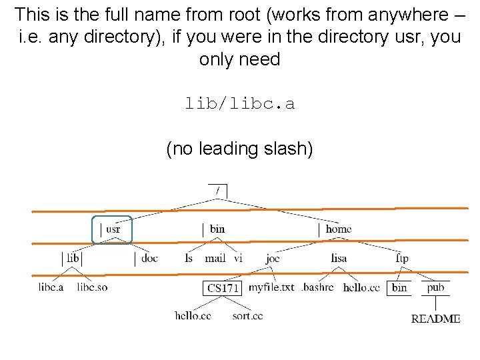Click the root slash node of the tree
click(217, 191)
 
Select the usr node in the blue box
click(113, 229)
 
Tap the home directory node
click(338, 229)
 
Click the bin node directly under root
click(217, 229)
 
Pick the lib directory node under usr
click(73, 258)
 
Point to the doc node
click(149, 258)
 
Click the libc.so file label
click(92, 287)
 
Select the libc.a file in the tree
click(51, 287)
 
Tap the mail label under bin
click(215, 258)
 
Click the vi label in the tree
click(238, 258)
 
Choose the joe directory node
click(273, 258)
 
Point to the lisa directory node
click(339, 258)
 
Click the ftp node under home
click(402, 258)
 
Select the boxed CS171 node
click(223, 288)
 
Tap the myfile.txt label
click(271, 287)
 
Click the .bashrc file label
click(317, 287)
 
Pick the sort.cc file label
click(247, 315)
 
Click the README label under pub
click(435, 319)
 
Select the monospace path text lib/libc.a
click(239, 104)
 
